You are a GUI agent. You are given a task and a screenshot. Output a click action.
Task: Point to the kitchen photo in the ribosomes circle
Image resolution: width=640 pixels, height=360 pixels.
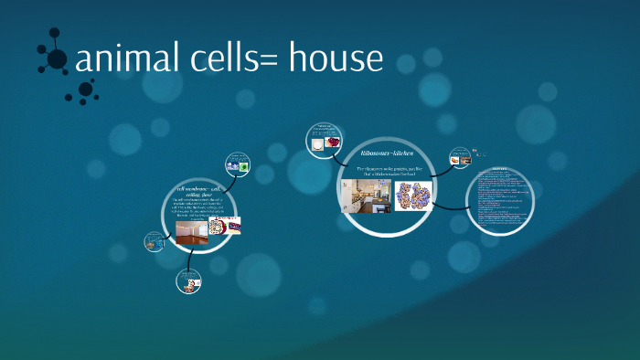coord(366,196)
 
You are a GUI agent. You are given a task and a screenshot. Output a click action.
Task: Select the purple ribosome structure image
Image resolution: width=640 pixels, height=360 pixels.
coord(413,196)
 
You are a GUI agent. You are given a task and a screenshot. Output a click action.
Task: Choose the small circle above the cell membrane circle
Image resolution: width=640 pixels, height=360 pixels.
coord(239,165)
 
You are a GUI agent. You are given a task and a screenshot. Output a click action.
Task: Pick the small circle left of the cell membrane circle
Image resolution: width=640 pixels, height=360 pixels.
coord(155,242)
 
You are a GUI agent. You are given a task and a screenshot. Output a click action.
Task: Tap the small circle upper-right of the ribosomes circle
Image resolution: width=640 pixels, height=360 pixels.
coord(460,160)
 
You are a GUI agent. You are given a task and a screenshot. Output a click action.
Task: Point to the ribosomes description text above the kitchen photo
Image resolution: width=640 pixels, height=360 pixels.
coord(386,171)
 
